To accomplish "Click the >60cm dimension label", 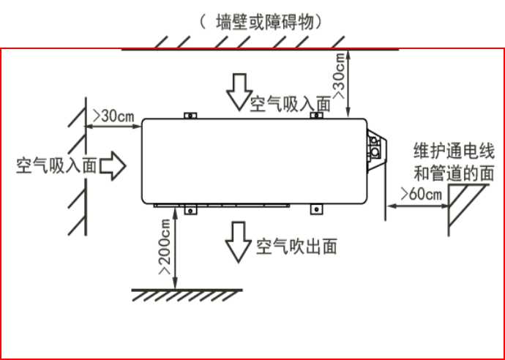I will [421, 194].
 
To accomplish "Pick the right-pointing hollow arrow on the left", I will [112, 166].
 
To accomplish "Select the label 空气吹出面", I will [296, 247].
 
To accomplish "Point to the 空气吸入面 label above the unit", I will [290, 104].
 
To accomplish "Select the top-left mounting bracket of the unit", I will [190, 116].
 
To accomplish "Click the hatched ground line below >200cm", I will [187, 293].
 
